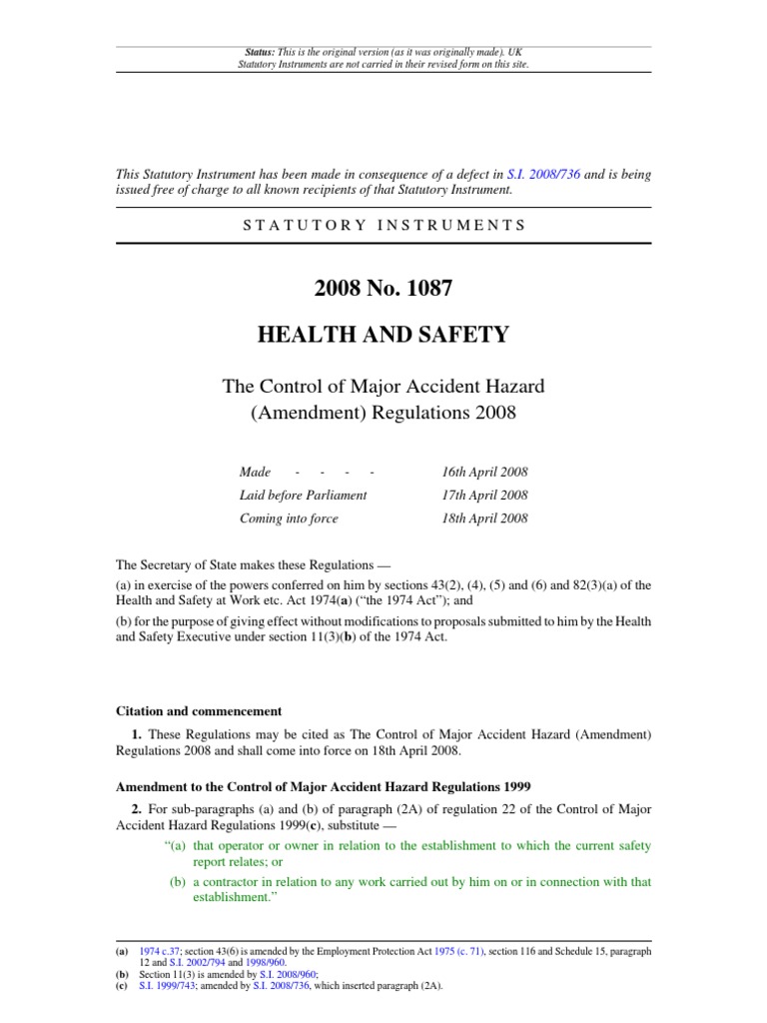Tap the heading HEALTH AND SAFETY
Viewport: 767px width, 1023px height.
click(383, 335)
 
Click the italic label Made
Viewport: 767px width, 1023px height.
click(255, 472)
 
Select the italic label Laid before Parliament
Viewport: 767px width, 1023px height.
click(303, 495)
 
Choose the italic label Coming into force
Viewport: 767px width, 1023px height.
click(289, 518)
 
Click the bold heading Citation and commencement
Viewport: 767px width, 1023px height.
click(199, 711)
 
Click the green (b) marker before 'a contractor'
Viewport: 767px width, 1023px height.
click(179, 881)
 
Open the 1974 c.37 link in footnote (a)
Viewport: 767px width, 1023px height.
click(159, 952)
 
